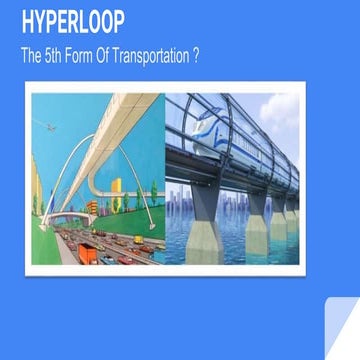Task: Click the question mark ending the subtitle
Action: pos(197,57)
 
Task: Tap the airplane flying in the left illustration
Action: pos(51,126)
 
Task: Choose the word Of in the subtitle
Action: pos(119,57)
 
